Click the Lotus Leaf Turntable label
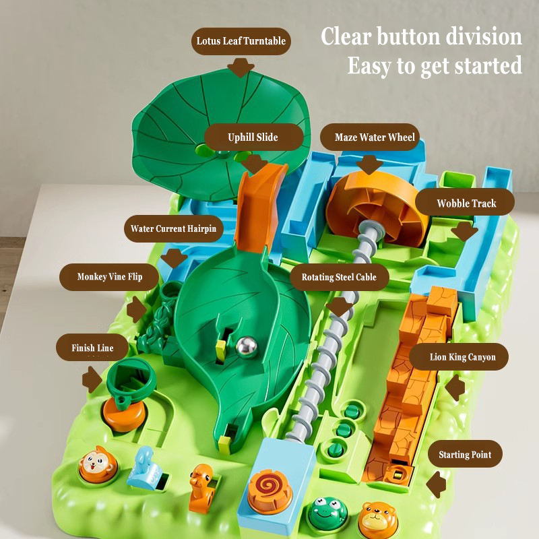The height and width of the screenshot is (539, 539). click(x=241, y=41)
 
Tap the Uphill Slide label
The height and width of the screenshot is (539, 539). click(x=253, y=137)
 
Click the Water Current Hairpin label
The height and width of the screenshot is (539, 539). click(x=173, y=228)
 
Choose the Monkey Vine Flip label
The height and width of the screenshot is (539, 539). click(x=109, y=276)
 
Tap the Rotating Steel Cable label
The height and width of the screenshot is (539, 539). click(x=339, y=276)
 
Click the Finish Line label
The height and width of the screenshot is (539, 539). click(x=92, y=348)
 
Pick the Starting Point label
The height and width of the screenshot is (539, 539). click(x=464, y=455)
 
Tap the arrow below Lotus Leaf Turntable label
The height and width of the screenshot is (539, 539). click(x=240, y=66)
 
